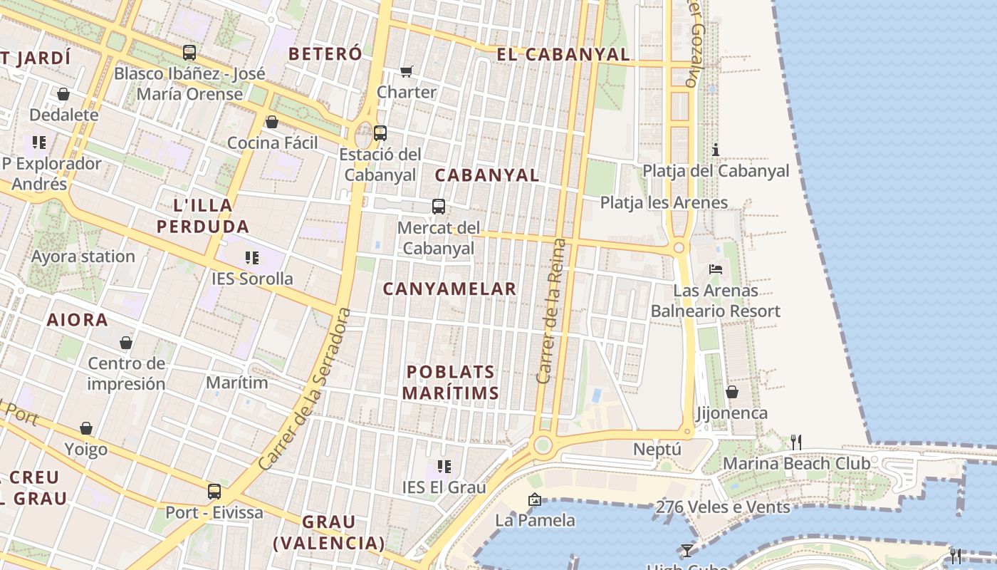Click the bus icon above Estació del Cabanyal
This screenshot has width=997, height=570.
[x=380, y=133]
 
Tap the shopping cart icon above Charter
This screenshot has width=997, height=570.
[x=406, y=71]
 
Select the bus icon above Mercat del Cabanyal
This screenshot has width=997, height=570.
[x=439, y=207]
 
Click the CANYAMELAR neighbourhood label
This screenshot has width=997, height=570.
[x=449, y=289]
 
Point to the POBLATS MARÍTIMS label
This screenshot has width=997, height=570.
[x=450, y=383]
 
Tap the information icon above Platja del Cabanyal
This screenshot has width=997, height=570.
[x=716, y=150]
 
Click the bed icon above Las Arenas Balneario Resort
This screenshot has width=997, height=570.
[x=716, y=269]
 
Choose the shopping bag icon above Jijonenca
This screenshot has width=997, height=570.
[x=731, y=392]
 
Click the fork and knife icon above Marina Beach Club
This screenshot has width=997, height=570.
[x=796, y=442]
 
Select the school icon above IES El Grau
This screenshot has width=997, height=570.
[x=444, y=467]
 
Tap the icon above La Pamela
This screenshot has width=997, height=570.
[x=534, y=499]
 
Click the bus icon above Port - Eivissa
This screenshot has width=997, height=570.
[x=214, y=492]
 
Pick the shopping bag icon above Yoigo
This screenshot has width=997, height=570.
[x=86, y=428]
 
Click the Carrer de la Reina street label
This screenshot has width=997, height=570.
[x=551, y=311]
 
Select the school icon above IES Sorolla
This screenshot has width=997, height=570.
[x=251, y=257]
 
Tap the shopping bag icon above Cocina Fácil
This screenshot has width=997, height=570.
[x=271, y=122]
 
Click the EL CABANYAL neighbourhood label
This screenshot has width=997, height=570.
[x=563, y=54]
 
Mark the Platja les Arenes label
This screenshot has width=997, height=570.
[x=664, y=203]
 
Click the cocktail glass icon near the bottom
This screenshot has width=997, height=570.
[x=687, y=551]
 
